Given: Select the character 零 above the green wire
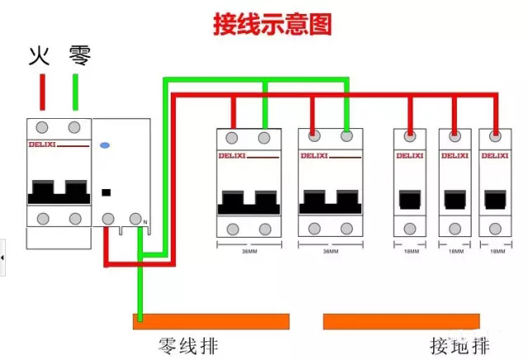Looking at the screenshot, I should click(x=78, y=56).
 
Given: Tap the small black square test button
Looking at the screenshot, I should click(x=105, y=193).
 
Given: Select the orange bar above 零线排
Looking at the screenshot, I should click(x=211, y=321).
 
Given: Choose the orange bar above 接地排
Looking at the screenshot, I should click(x=402, y=321).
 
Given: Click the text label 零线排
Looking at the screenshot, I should click(x=189, y=345).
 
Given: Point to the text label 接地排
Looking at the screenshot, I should click(x=460, y=345).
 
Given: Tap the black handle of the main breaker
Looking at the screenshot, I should click(x=58, y=192).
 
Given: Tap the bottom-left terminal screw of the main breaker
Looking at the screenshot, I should click(x=43, y=218).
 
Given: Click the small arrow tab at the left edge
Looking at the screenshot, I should click(x=2, y=258).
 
